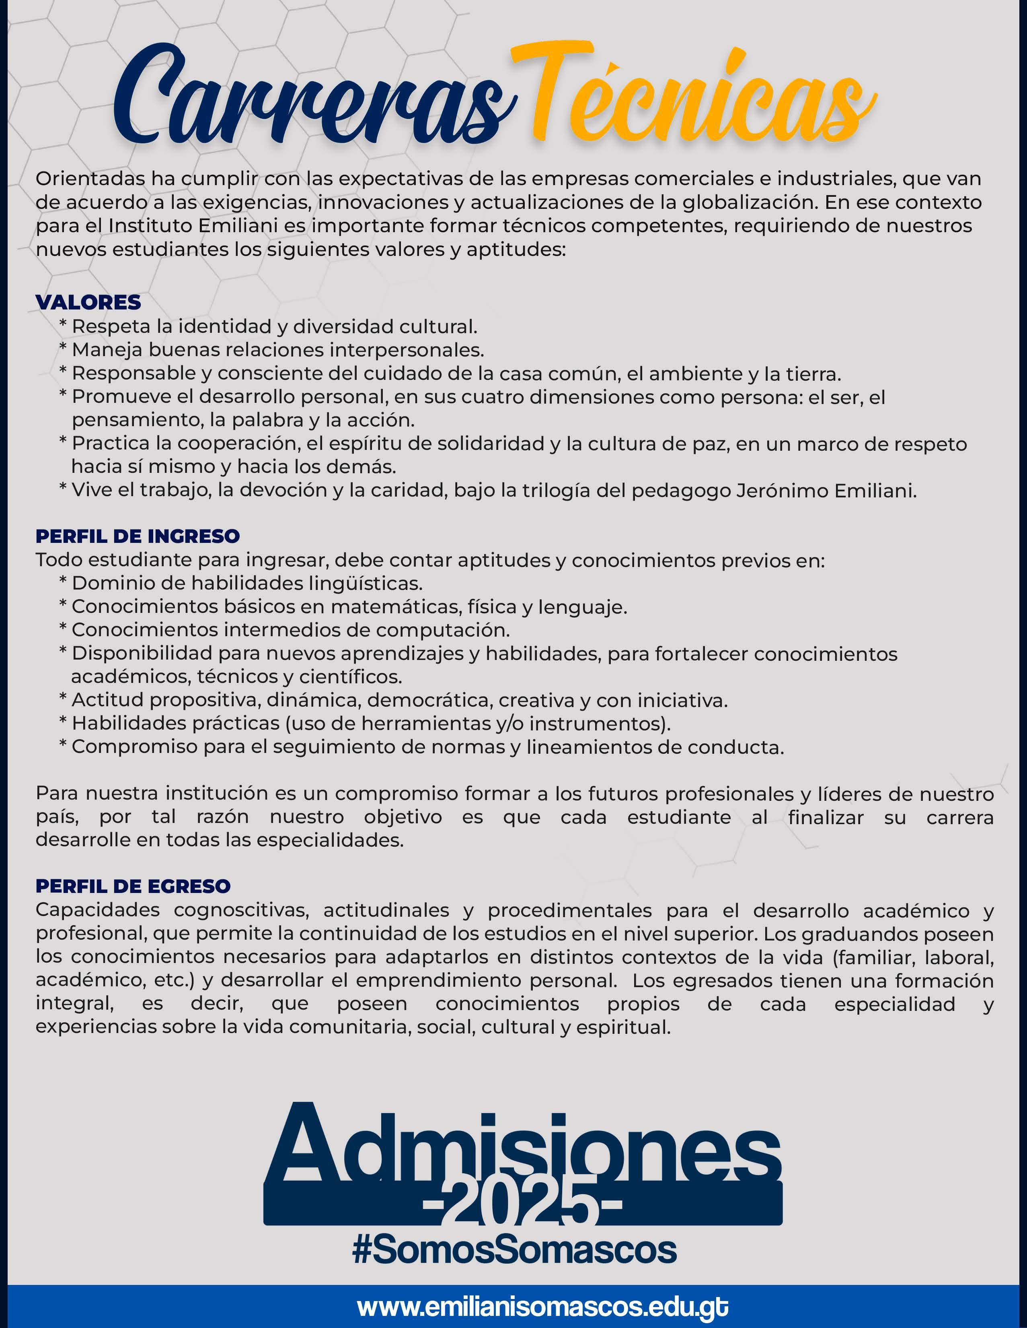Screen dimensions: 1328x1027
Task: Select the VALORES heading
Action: coord(88,302)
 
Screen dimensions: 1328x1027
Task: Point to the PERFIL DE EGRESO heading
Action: coord(133,886)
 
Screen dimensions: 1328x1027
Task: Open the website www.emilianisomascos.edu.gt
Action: coord(543,1305)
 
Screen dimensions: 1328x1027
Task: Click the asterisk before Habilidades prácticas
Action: coord(63,722)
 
